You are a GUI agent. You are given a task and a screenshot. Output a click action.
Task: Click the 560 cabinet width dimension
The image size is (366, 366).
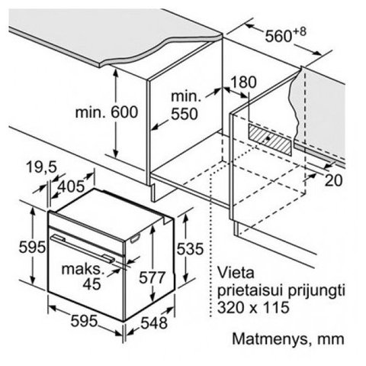click(x=278, y=36)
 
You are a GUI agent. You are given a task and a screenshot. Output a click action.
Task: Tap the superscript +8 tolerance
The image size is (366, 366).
click(x=300, y=32)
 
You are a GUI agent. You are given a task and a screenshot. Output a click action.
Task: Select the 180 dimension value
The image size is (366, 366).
click(x=243, y=83)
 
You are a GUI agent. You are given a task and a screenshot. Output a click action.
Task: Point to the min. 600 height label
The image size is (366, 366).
click(x=107, y=112)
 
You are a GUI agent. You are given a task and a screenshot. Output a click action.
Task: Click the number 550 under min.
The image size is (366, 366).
click(x=185, y=114)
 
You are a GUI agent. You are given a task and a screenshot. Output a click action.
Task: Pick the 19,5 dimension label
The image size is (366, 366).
click(x=41, y=167)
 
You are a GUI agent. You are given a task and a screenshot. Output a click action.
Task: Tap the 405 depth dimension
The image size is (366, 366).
click(x=71, y=186)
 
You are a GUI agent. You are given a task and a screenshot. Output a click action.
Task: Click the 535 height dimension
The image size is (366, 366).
click(x=190, y=249)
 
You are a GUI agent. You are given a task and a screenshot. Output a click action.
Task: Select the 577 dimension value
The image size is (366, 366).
click(x=152, y=277)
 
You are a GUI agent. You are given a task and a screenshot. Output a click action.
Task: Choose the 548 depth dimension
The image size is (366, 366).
click(x=154, y=323)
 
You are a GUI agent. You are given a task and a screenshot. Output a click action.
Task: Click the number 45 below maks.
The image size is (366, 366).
click(x=91, y=283)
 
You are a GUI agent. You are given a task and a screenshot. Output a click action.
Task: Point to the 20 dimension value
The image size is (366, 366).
click(x=334, y=180)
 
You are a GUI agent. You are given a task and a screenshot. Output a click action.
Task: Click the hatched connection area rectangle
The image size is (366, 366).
click(x=270, y=140)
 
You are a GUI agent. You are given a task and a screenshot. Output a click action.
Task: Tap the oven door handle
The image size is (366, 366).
click(x=82, y=248)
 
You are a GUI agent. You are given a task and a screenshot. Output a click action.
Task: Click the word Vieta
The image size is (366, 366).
click(x=236, y=273)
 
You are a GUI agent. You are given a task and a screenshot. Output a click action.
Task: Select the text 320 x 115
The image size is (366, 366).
click(x=253, y=307)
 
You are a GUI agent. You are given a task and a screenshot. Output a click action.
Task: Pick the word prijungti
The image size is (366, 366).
click(x=316, y=291)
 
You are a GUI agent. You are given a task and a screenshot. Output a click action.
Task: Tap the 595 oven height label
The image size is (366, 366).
click(x=32, y=247)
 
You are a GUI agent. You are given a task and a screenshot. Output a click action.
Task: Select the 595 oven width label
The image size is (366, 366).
click(x=84, y=321)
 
